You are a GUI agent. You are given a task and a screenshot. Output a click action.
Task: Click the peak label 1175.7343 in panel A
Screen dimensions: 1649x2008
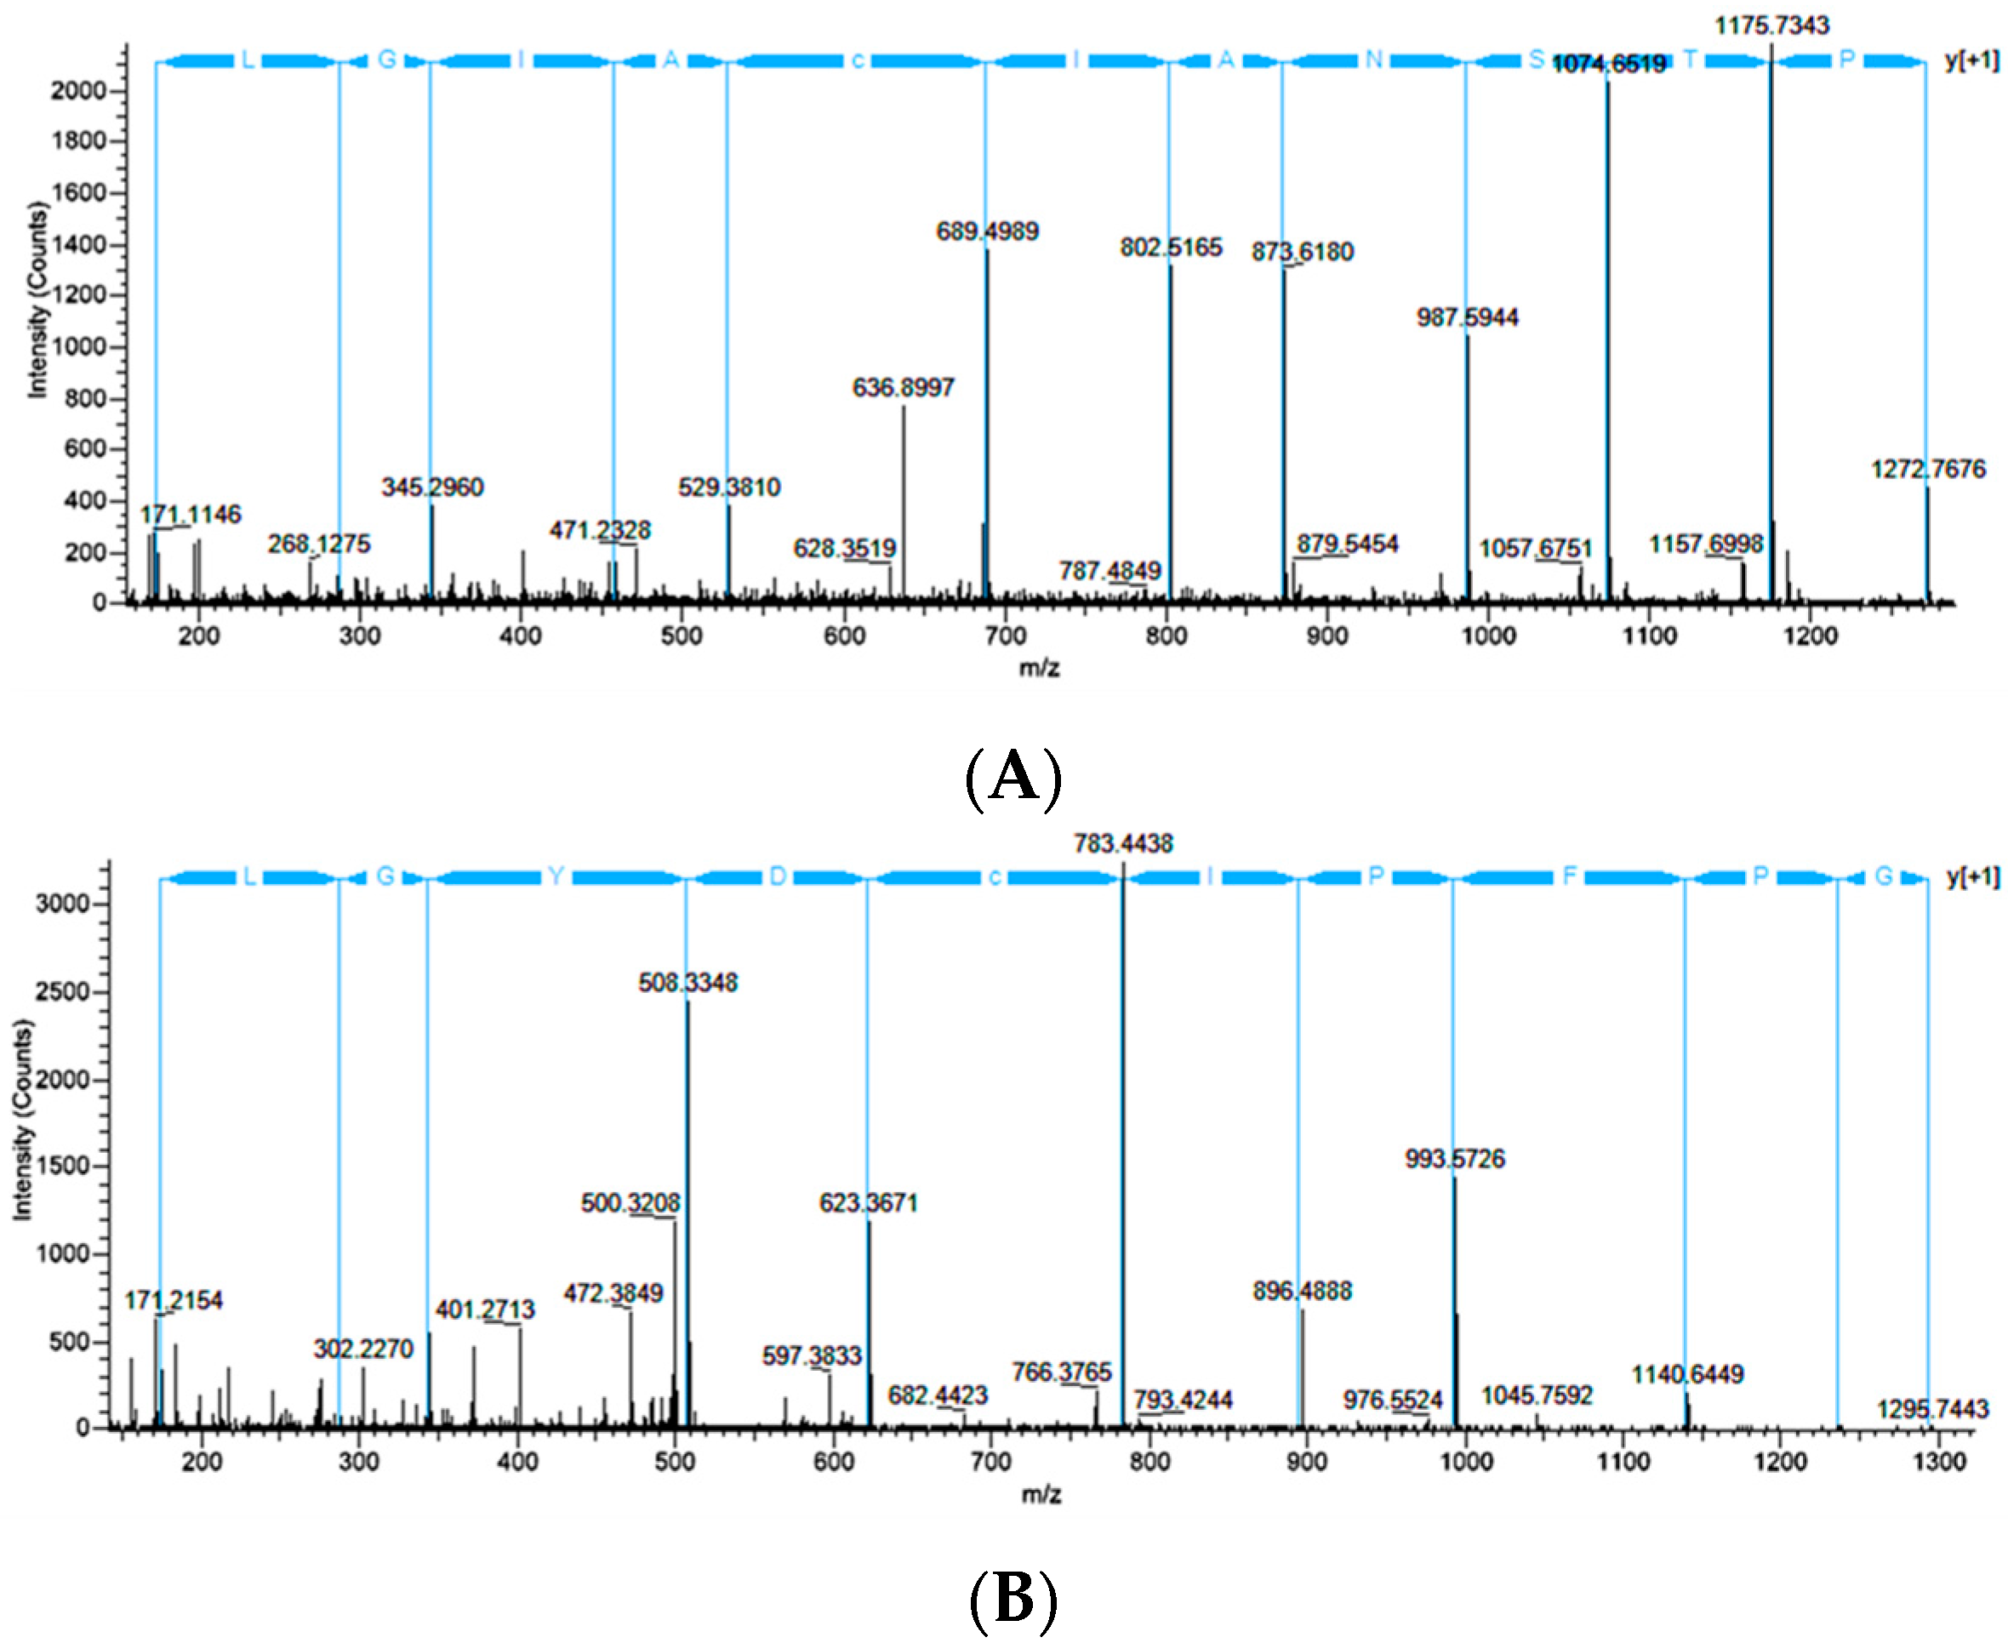pos(1771,26)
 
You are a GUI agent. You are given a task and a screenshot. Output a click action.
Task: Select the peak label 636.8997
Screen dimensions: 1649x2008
pos(903,387)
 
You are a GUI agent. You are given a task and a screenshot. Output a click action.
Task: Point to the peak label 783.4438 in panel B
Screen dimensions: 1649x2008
pos(1123,843)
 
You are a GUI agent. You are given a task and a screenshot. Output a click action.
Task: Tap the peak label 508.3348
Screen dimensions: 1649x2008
pos(687,982)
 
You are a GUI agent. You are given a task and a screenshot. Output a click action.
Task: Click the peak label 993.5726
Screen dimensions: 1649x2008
pos(1454,1159)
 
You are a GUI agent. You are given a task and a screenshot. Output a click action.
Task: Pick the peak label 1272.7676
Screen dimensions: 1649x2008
pos(1927,469)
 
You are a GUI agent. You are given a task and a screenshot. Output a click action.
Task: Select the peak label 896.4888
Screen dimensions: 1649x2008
pos(1301,1291)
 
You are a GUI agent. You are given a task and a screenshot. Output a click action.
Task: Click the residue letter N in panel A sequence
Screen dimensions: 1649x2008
pos(1372,60)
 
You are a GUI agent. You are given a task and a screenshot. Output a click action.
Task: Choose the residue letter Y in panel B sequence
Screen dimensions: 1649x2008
pos(556,876)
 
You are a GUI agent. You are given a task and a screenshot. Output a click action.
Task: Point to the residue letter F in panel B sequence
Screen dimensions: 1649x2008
pos(1568,876)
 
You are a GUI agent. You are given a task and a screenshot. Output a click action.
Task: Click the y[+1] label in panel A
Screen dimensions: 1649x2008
pos(1971,60)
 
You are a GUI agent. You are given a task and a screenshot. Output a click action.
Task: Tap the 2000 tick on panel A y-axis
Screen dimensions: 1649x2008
pos(81,91)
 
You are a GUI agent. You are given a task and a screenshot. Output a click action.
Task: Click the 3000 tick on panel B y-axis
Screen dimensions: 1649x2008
pos(63,904)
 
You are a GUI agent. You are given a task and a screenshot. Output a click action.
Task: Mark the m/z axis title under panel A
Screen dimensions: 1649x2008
pos(1039,668)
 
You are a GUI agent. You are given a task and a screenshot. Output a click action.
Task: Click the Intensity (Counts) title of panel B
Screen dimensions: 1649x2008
pos(22,1120)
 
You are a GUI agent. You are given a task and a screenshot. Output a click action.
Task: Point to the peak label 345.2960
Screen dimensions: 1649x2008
pos(432,488)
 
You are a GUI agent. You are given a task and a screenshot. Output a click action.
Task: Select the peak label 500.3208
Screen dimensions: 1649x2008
pos(630,1203)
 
